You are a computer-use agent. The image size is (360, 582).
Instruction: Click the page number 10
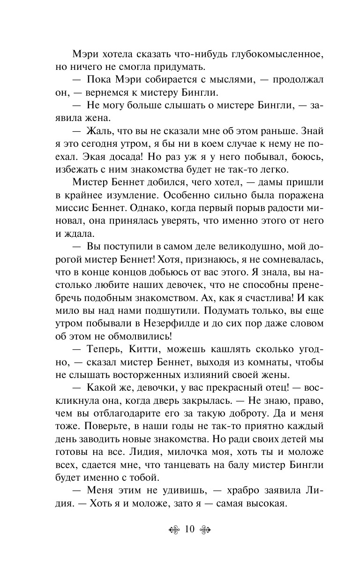189,529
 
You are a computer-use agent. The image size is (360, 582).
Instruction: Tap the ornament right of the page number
205,530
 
